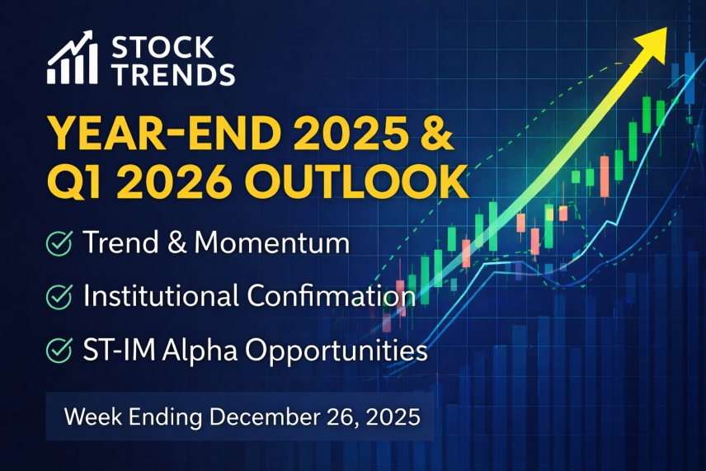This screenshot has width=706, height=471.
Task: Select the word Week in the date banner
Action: pyautogui.click(x=91, y=417)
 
